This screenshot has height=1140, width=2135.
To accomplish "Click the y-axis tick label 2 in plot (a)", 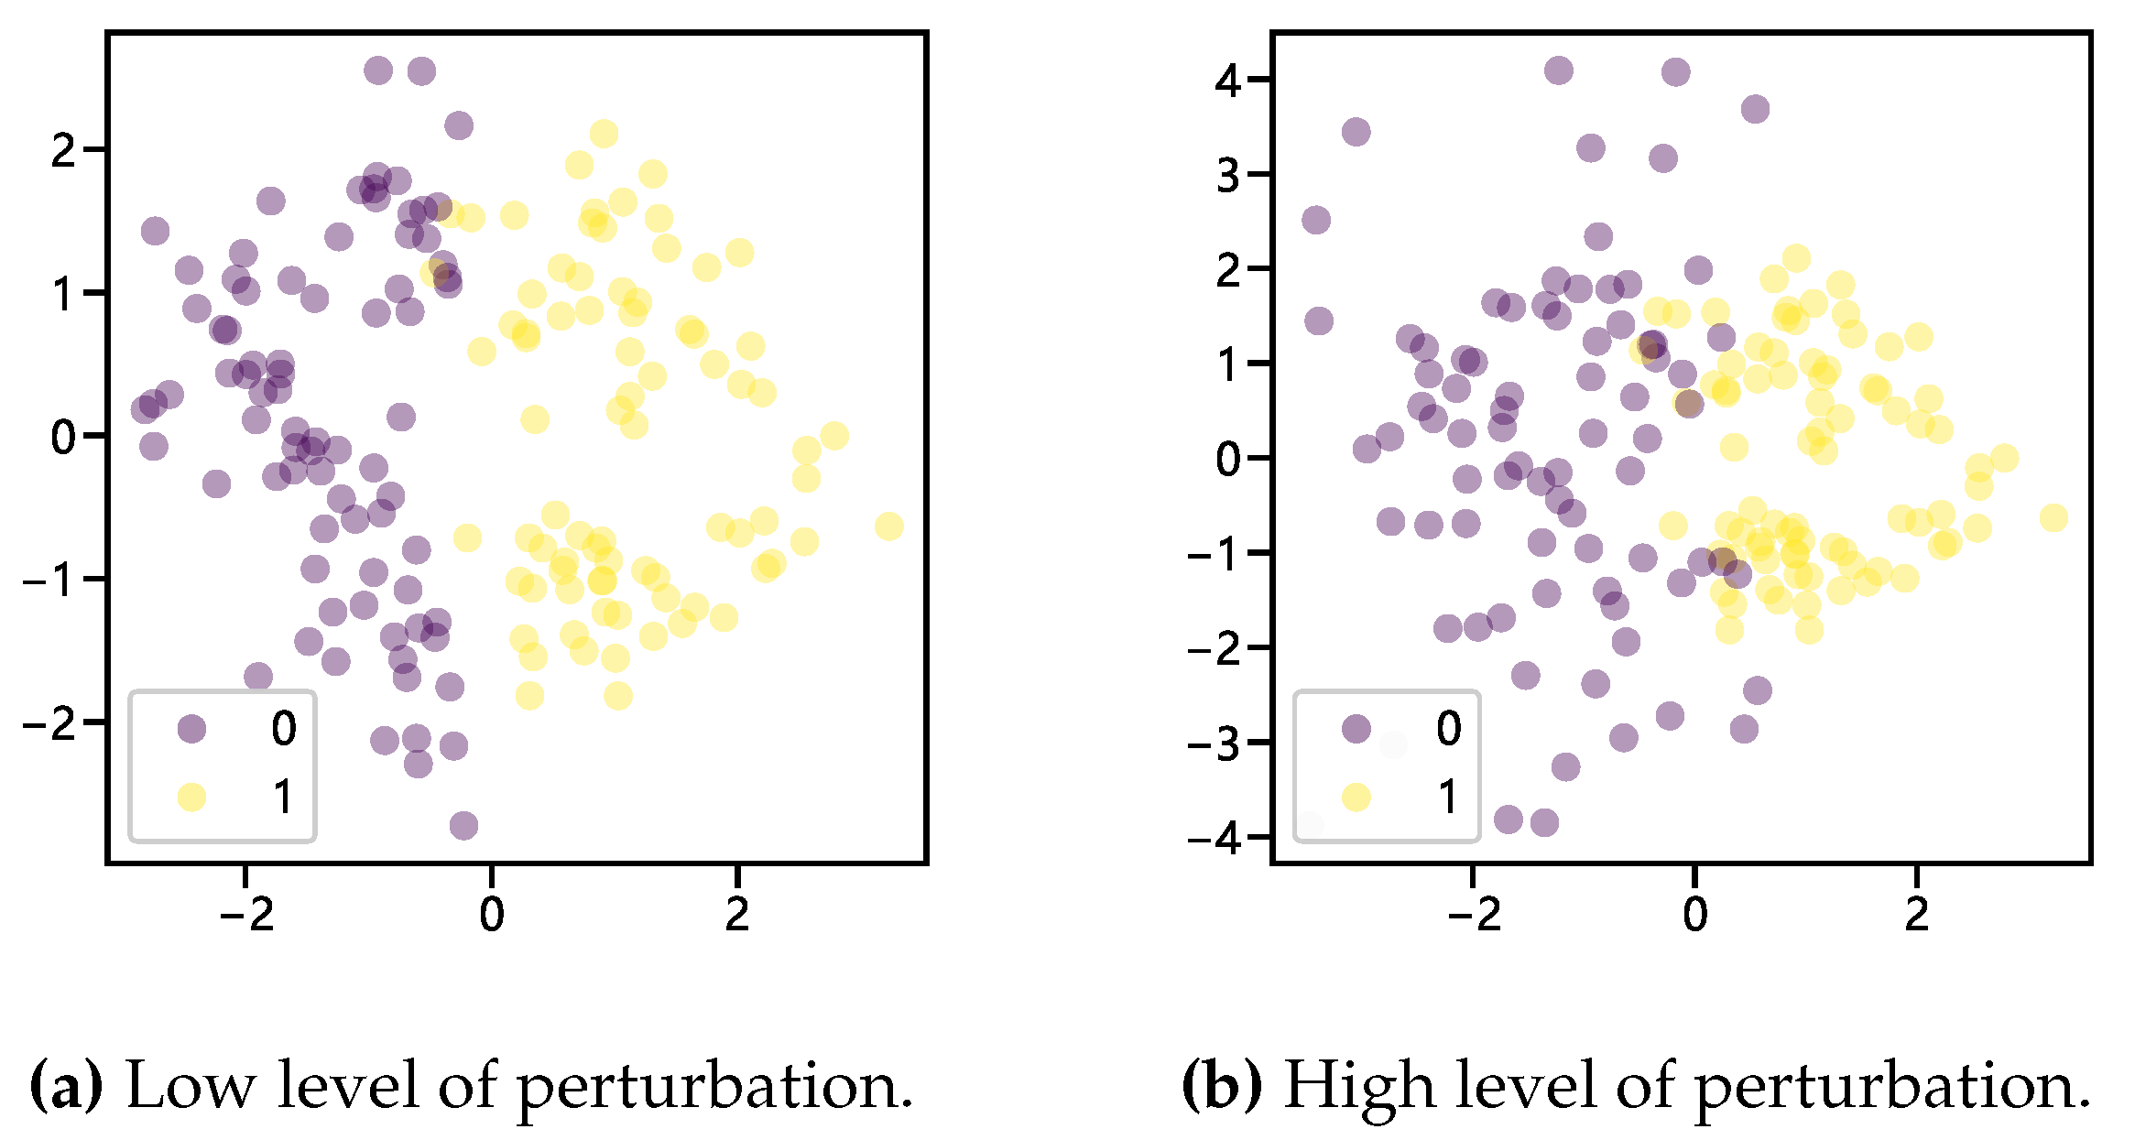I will click(x=63, y=150).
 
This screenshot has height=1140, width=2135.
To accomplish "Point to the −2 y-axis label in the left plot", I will click(x=49, y=723).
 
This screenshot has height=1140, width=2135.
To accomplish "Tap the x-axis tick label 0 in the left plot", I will click(x=492, y=914).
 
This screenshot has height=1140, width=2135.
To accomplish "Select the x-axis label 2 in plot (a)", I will click(x=737, y=914).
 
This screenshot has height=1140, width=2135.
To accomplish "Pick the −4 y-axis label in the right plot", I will click(x=1215, y=838).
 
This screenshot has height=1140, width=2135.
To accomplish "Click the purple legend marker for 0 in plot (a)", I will click(x=191, y=729).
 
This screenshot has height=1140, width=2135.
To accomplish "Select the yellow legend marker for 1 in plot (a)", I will click(x=191, y=797).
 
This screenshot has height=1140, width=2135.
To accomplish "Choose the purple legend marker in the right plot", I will click(x=1356, y=729).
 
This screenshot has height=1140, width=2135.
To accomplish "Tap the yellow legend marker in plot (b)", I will click(x=1356, y=797).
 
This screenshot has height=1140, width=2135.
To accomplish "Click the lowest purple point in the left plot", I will click(x=463, y=825).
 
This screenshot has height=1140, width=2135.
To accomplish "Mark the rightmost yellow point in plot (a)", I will click(x=888, y=527).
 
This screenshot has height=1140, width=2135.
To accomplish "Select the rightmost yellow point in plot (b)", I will click(x=2053, y=518).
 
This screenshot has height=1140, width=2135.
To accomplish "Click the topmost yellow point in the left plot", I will click(x=604, y=134).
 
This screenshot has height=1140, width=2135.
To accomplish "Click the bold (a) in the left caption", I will click(x=66, y=1086).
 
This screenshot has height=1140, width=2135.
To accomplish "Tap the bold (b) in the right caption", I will click(x=1221, y=1086).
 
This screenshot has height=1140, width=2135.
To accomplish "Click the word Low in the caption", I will click(x=190, y=1086).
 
